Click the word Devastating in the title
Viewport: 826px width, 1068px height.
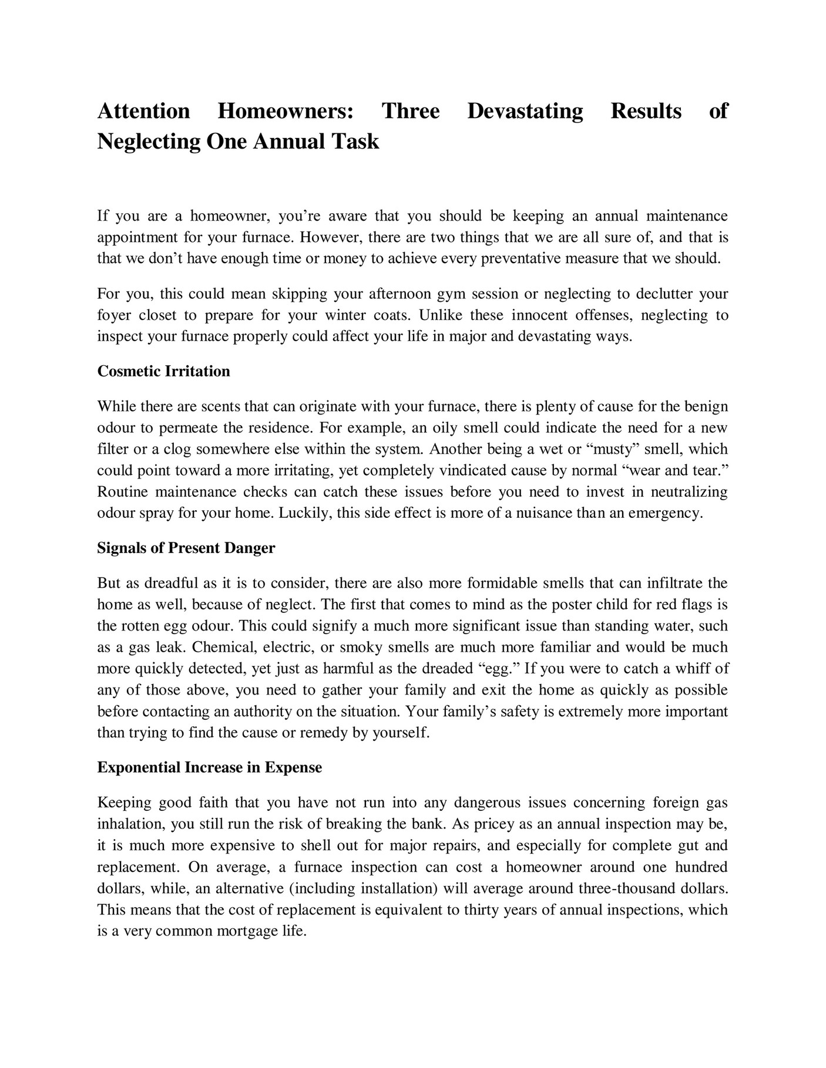point(525,111)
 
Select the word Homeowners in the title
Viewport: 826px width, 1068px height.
point(286,111)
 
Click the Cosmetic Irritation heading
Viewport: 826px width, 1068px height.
point(163,371)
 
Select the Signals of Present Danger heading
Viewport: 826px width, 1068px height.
point(186,548)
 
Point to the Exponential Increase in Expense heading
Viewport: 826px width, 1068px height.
point(209,767)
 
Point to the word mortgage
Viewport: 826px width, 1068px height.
point(249,931)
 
